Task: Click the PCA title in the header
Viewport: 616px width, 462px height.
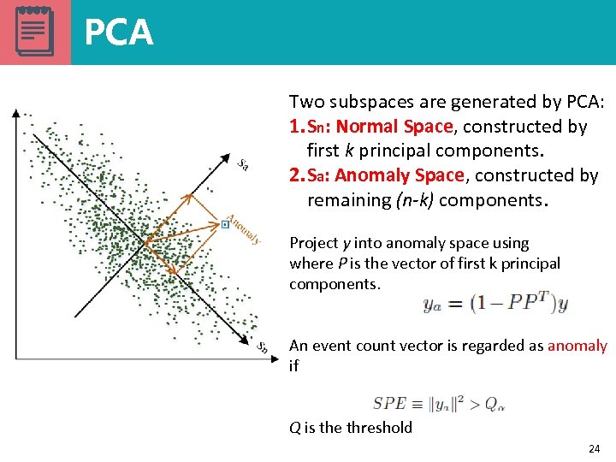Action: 119,33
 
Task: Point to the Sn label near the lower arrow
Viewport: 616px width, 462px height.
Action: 264,346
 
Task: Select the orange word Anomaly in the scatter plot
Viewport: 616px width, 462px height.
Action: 243,227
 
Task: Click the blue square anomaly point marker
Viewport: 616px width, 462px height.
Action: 225,224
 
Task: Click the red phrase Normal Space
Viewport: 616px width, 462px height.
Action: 394,127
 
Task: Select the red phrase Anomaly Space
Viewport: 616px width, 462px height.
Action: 400,175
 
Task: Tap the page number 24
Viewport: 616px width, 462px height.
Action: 595,449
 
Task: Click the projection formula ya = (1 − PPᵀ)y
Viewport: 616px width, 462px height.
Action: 495,304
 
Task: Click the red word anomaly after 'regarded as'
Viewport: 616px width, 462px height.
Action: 577,346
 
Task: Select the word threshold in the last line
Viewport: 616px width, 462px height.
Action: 379,427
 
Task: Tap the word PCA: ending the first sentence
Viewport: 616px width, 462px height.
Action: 585,102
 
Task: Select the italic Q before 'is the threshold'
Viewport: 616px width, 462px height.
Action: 294,427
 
